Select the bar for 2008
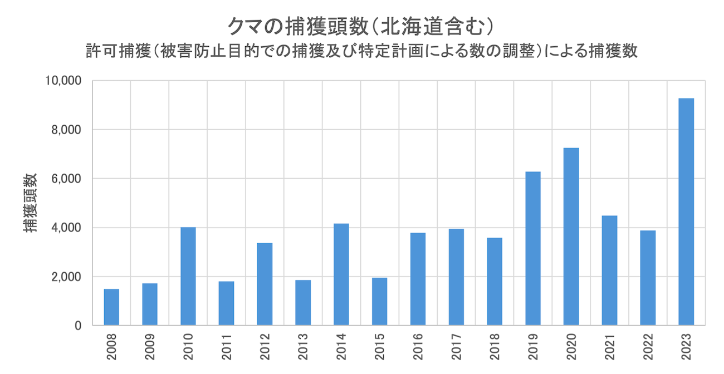111,307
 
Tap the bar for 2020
571,237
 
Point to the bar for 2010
188,276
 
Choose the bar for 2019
533,248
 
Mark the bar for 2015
380,301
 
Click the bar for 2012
265,284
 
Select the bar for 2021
609,270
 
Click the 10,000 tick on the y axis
62,81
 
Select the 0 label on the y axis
78,326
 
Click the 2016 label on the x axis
418,346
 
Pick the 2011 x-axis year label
227,346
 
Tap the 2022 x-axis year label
648,346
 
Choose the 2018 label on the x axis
495,346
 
